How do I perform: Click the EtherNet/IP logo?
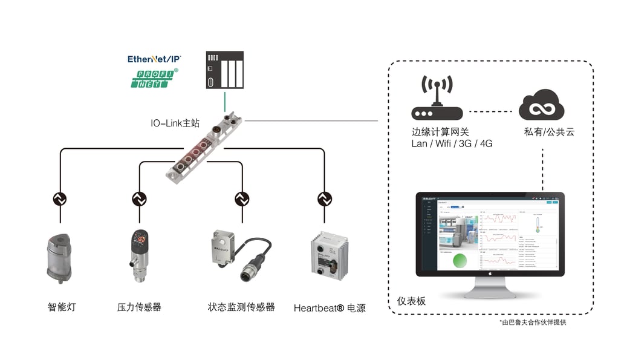(x=154, y=59)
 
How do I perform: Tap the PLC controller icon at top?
(x=225, y=71)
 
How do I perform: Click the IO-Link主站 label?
(x=175, y=123)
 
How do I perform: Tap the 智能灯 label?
(x=62, y=307)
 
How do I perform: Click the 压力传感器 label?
(x=139, y=307)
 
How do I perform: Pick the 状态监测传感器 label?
(x=241, y=307)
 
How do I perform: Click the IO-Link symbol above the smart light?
(x=60, y=199)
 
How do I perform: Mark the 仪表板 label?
(x=411, y=301)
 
